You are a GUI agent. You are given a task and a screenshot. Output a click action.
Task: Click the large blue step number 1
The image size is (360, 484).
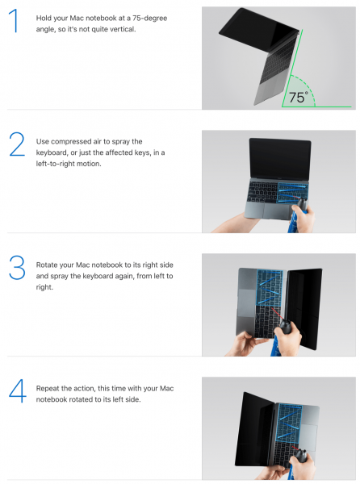click(14, 20)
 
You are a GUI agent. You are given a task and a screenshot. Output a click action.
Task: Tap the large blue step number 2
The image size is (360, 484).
click(17, 144)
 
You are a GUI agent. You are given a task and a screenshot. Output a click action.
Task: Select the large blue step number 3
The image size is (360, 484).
click(17, 267)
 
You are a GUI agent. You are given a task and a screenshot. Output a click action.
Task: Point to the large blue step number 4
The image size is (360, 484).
click(17, 390)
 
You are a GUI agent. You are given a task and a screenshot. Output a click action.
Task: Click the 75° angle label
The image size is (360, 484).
click(298, 98)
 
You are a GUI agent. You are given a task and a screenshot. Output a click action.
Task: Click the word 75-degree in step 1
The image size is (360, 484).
click(150, 19)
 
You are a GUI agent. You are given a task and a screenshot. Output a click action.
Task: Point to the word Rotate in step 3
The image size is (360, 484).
click(47, 265)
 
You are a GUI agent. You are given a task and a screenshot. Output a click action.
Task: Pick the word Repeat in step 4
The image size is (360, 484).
click(47, 388)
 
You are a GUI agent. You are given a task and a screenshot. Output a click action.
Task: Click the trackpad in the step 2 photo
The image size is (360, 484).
click(277, 210)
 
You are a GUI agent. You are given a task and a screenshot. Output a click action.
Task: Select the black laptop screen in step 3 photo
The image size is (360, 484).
click(305, 309)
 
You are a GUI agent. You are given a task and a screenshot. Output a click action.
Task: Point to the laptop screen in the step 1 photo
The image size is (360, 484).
click(259, 30)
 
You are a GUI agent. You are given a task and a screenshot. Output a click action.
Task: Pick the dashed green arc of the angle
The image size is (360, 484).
click(310, 88)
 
